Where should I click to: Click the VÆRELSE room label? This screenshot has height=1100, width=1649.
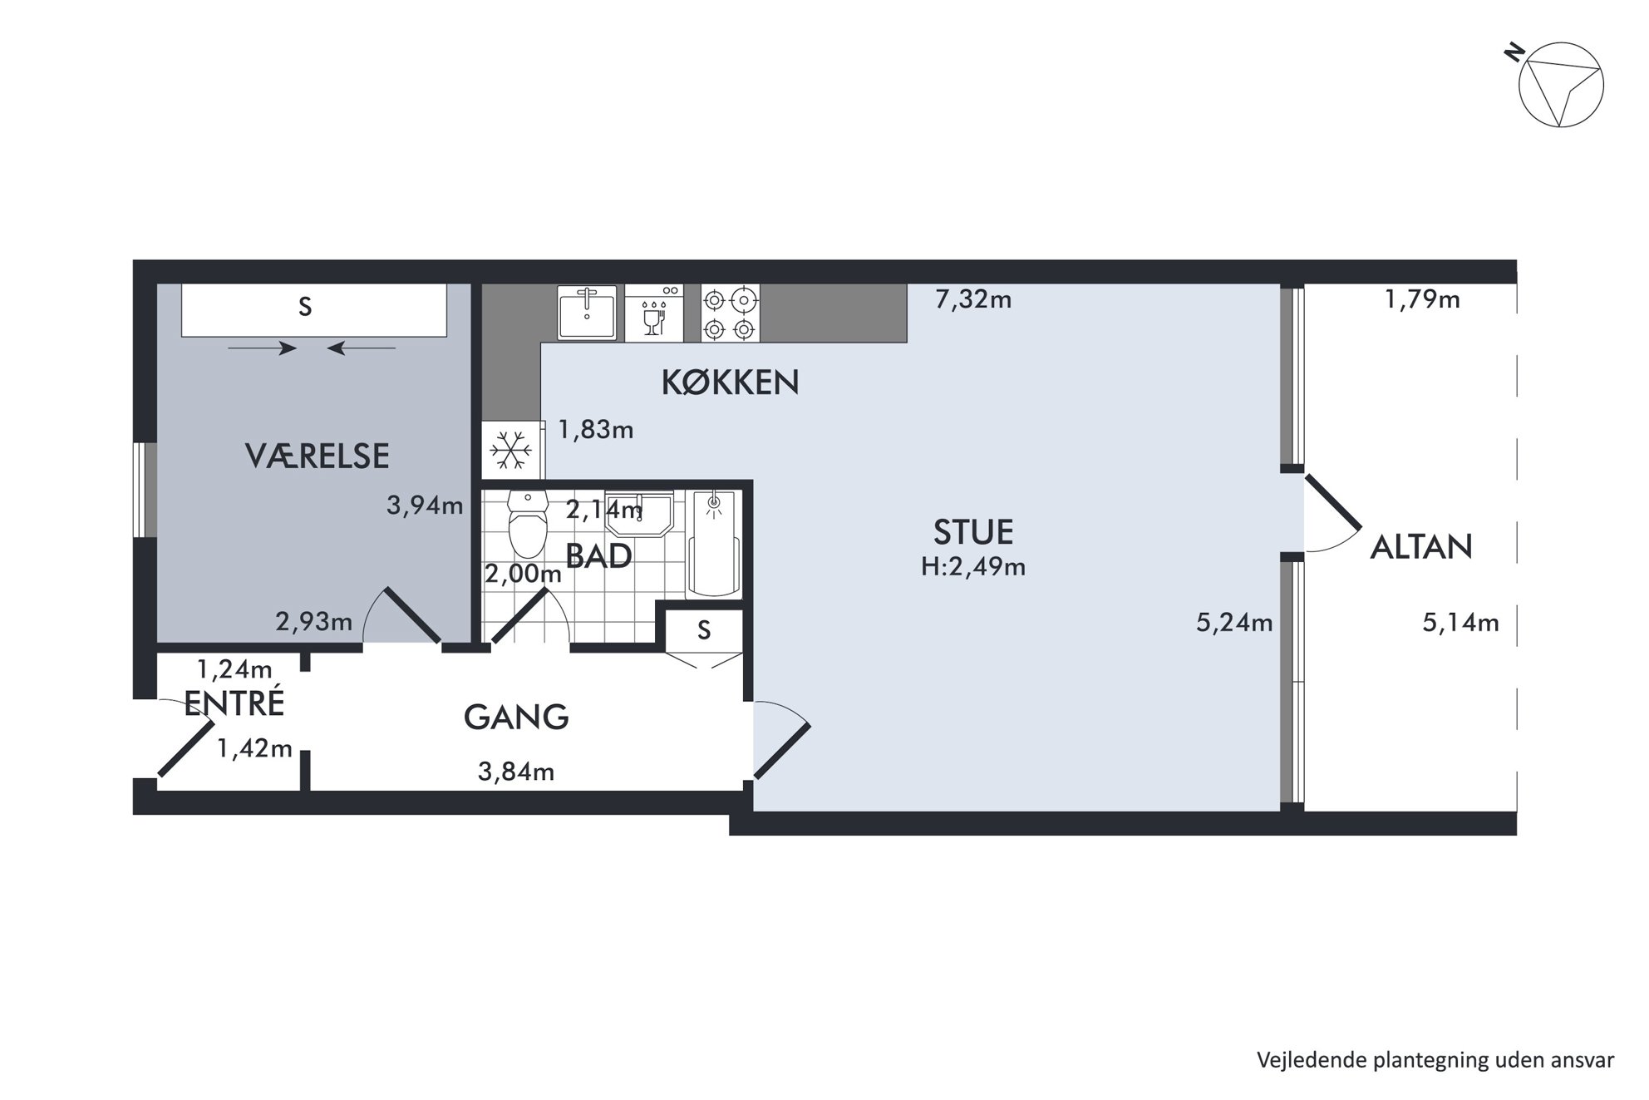pyautogui.click(x=317, y=456)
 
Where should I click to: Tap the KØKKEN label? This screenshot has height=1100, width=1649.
pyautogui.click(x=730, y=382)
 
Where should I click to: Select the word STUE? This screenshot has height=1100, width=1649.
pyautogui.click(x=973, y=531)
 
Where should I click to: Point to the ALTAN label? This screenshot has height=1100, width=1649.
pyautogui.click(x=1421, y=546)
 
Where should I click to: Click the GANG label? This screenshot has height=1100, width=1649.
pyautogui.click(x=516, y=717)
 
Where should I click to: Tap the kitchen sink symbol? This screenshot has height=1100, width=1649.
pyautogui.click(x=588, y=313)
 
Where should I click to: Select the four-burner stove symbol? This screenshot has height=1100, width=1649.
pyautogui.click(x=730, y=313)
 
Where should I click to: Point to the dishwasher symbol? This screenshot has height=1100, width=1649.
pyautogui.click(x=654, y=313)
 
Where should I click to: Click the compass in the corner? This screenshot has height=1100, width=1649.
pyautogui.click(x=1560, y=85)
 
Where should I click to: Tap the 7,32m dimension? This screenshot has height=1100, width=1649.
pyautogui.click(x=973, y=299)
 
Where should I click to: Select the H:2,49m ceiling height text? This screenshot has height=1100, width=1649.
pyautogui.click(x=973, y=567)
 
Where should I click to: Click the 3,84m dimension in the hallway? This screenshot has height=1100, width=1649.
pyautogui.click(x=516, y=772)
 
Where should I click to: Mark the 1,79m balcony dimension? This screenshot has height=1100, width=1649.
pyautogui.click(x=1422, y=299)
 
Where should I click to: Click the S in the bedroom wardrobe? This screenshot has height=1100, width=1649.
pyautogui.click(x=305, y=308)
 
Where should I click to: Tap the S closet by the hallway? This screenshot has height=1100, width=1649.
pyautogui.click(x=704, y=630)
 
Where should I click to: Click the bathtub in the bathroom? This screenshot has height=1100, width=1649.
pyautogui.click(x=714, y=543)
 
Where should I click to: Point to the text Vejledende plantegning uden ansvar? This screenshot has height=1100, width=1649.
pyautogui.click(x=1435, y=1061)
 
